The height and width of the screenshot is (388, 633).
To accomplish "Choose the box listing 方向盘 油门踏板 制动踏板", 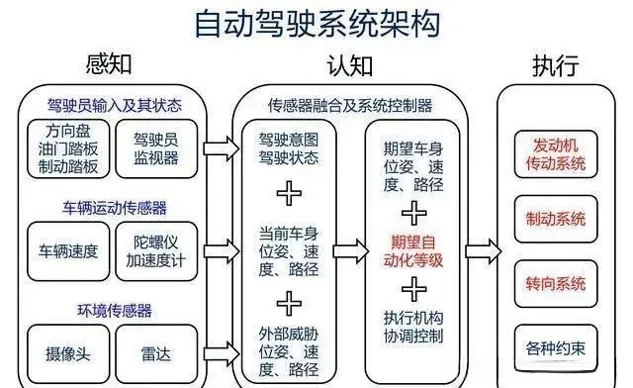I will click(71, 149).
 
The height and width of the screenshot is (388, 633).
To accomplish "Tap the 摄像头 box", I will click(68, 350).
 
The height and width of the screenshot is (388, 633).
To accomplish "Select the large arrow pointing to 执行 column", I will click(483, 247).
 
